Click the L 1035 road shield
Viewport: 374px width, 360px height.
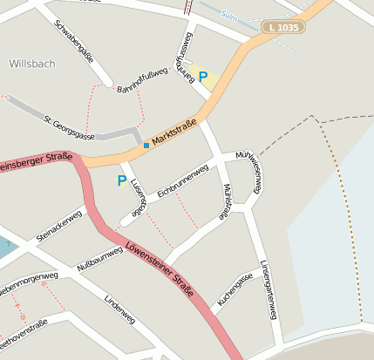tap(283, 29)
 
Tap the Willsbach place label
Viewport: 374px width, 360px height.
tap(32, 64)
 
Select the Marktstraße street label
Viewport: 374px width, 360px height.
tap(174, 132)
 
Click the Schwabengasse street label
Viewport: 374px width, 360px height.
tap(73, 41)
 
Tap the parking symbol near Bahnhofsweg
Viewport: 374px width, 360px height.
tap(203, 77)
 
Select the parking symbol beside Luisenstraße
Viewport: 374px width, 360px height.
tap(122, 181)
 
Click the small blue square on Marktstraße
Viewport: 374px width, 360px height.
tap(146, 145)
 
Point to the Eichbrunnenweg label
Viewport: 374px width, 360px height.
tap(183, 180)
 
